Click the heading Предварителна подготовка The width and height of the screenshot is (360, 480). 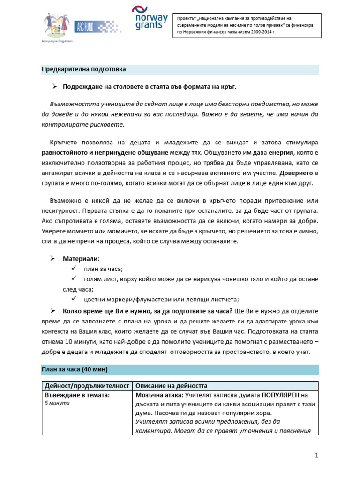(x=83, y=69)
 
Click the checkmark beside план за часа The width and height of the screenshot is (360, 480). (x=74, y=269)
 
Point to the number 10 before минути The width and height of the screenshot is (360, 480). (x=69, y=342)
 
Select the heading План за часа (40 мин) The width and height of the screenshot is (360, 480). (x=75, y=369)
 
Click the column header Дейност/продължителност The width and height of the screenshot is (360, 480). (x=86, y=386)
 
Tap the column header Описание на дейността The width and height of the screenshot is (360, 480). (x=171, y=386)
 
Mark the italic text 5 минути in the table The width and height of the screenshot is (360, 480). (x=57, y=403)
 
